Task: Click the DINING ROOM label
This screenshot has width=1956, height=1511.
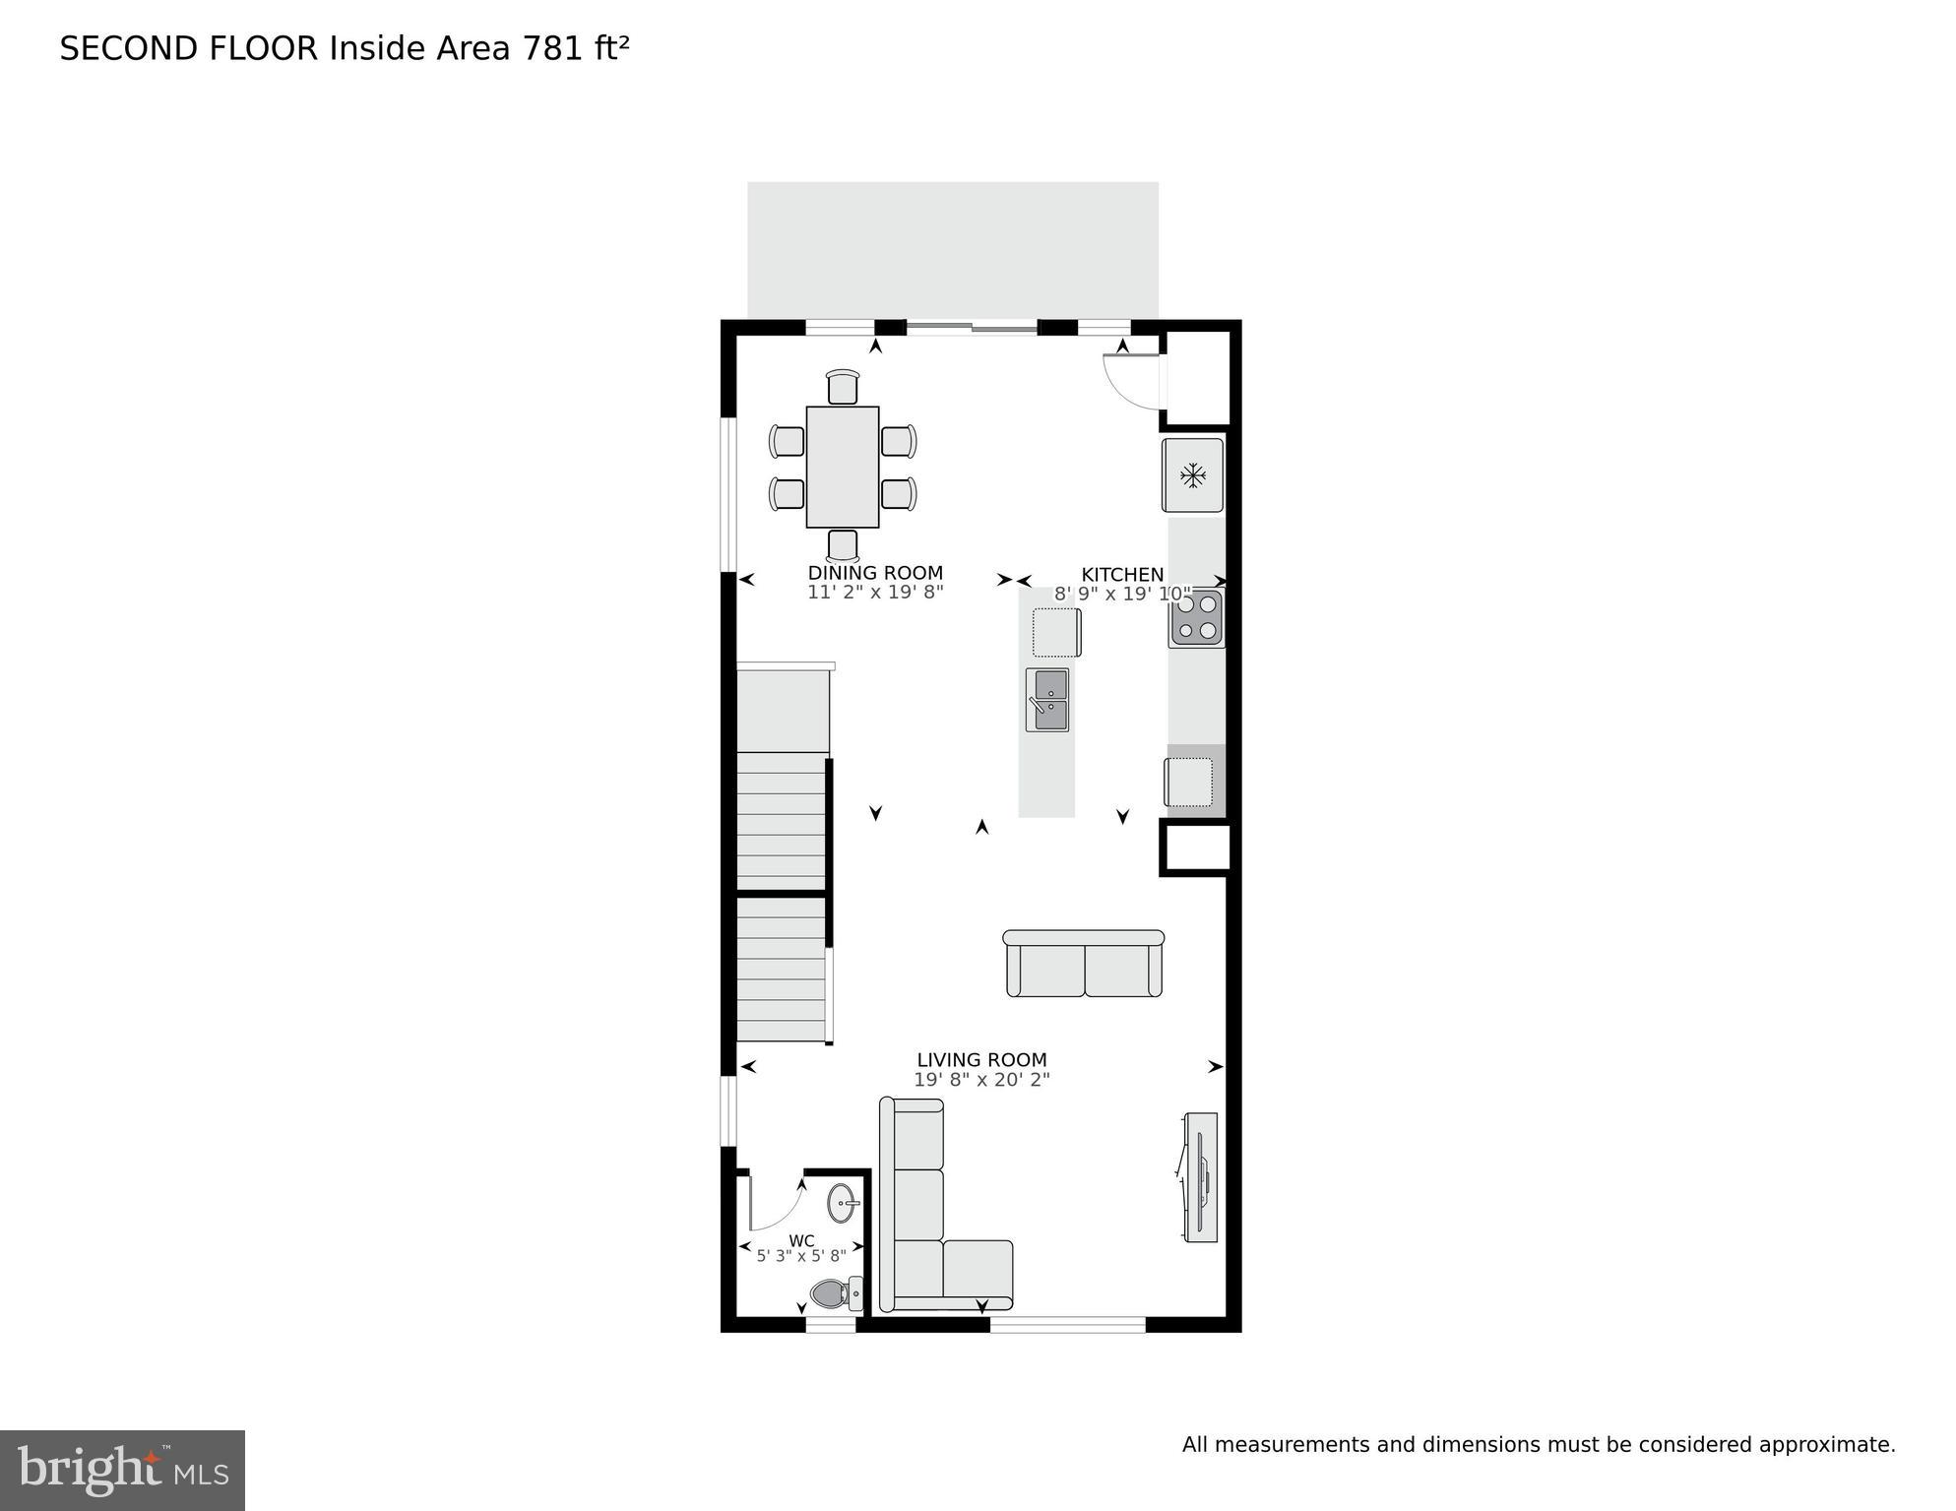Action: point(874,573)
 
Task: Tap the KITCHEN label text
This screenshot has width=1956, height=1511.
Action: point(1121,575)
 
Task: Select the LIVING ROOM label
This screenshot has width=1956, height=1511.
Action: point(981,1060)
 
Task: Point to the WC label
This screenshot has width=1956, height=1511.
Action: point(801,1241)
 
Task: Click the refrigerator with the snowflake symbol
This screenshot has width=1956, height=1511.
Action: point(1192,475)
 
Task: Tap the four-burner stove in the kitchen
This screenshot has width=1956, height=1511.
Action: point(1197,618)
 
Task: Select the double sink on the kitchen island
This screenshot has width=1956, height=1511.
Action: point(1046,700)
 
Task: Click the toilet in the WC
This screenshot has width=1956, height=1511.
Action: point(834,1292)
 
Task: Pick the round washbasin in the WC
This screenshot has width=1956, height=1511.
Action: point(842,1203)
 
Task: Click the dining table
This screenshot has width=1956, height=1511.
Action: point(842,467)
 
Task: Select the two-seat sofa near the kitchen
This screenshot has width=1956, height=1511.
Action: point(1083,965)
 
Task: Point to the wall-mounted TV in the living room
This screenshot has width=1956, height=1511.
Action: point(1200,1176)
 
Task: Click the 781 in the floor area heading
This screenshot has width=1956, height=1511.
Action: point(554,48)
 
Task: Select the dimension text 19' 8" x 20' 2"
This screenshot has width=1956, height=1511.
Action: point(981,1080)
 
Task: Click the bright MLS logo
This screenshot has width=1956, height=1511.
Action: point(122,1471)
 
